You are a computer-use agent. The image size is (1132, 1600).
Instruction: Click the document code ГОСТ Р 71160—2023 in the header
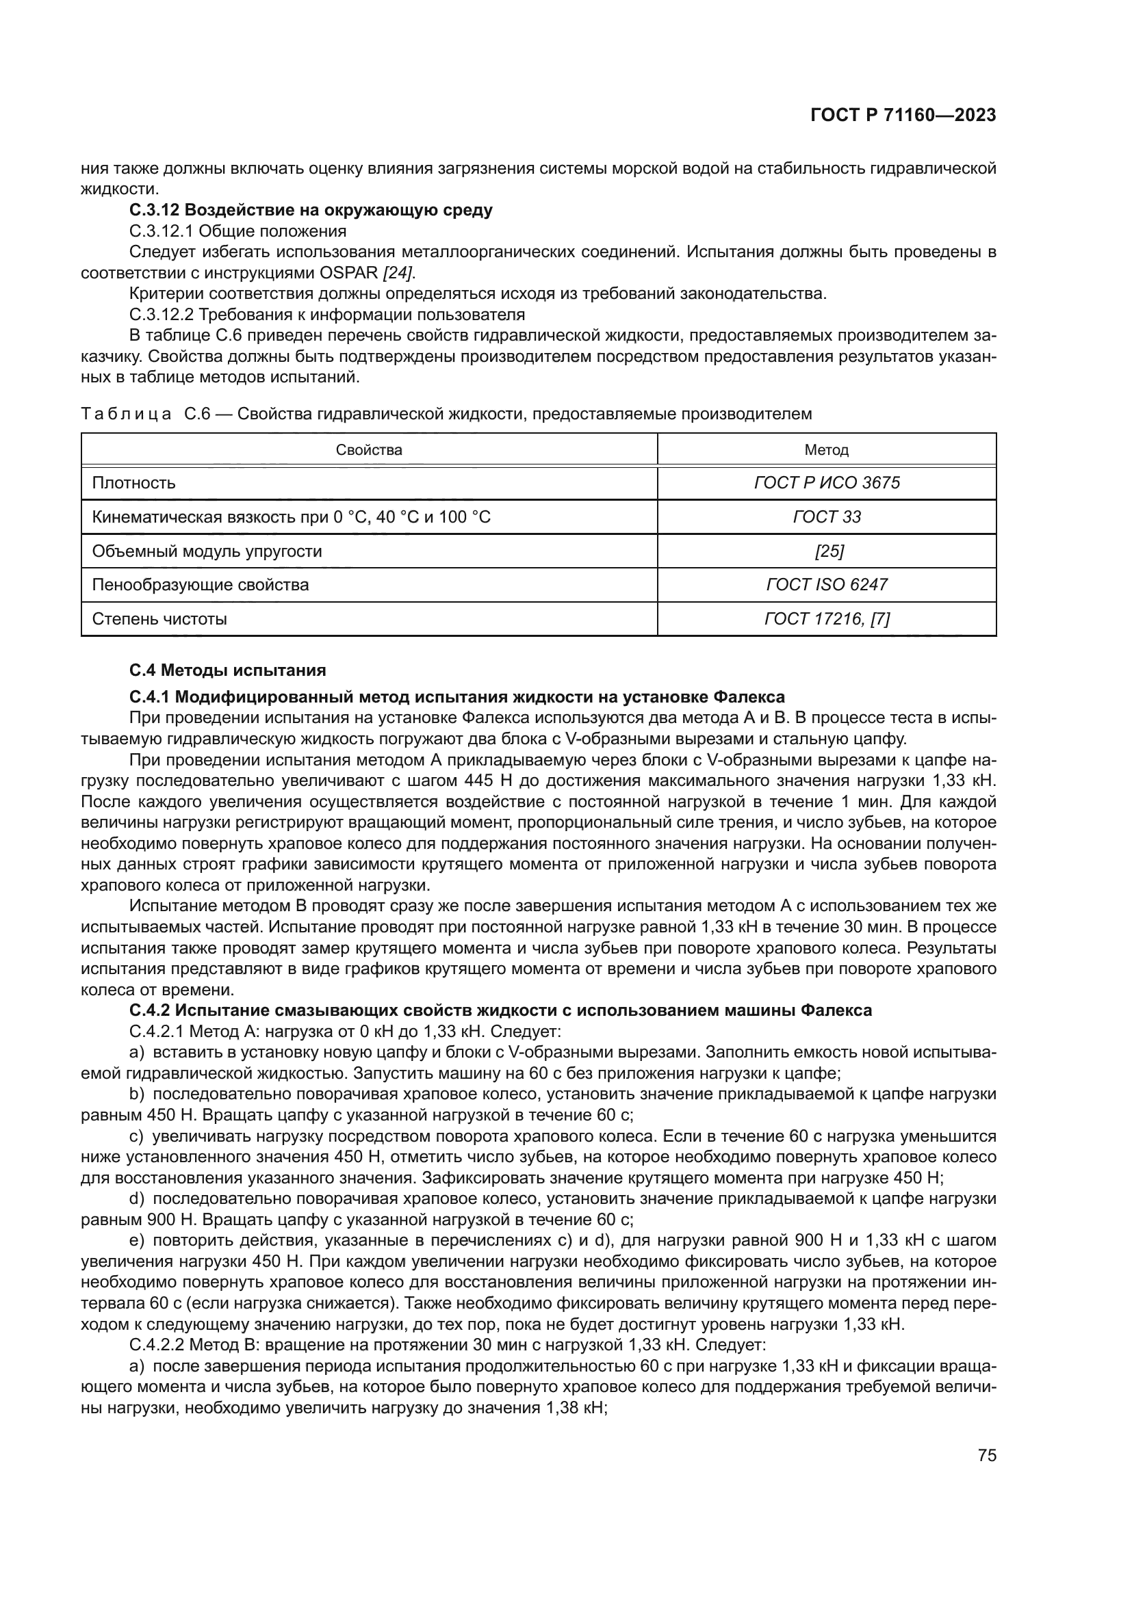point(903,115)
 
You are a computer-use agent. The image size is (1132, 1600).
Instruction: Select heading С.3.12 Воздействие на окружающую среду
point(311,210)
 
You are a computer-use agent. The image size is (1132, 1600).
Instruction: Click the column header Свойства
point(369,449)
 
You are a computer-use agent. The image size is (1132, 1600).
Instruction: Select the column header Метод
point(826,449)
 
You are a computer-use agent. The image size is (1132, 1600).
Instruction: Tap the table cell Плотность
point(134,483)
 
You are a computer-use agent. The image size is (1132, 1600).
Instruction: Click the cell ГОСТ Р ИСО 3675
point(827,483)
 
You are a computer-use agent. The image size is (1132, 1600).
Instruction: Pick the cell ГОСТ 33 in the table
point(827,517)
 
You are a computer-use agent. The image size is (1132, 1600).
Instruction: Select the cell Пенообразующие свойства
point(200,585)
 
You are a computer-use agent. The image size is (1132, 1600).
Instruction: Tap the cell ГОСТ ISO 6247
point(827,585)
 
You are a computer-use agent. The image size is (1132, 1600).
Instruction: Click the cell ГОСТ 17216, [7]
point(827,619)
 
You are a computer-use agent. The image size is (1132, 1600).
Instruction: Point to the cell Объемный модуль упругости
point(207,551)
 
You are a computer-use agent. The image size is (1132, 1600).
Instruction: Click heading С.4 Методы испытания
point(227,670)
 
